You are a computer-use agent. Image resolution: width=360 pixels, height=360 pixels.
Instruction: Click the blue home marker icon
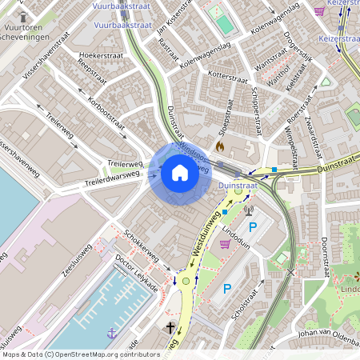(180, 173)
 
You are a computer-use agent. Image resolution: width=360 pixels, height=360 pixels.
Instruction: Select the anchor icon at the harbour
(111, 331)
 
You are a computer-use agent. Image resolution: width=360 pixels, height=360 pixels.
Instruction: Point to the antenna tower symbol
(248, 212)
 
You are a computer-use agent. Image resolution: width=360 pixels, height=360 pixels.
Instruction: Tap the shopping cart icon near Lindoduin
(226, 243)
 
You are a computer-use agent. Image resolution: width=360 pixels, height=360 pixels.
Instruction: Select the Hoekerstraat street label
(99, 55)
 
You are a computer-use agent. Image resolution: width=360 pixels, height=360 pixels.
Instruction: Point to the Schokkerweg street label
(141, 248)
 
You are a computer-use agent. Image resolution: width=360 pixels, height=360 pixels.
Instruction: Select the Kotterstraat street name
(227, 78)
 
